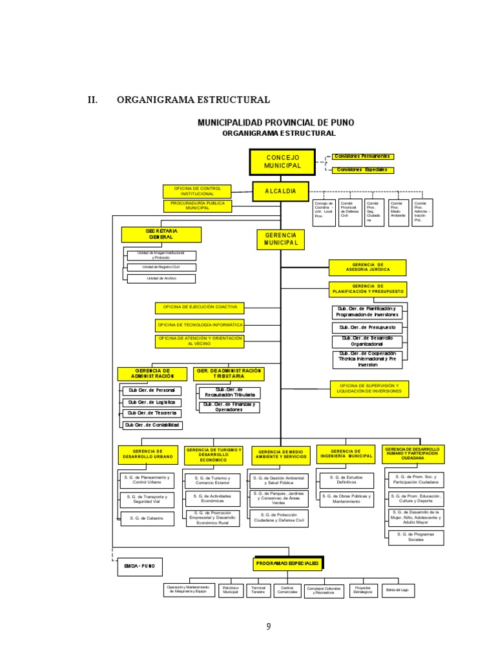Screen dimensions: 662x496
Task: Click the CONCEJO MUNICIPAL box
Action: [282, 162]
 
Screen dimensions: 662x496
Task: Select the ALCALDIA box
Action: [280, 191]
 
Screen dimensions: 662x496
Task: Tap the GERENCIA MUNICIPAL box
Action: [280, 239]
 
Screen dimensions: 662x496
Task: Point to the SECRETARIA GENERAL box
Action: [161, 234]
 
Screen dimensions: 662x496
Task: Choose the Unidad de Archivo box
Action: [161, 278]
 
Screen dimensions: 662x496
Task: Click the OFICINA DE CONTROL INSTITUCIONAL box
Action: [197, 191]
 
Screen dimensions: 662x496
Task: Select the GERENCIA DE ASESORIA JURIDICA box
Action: [367, 267]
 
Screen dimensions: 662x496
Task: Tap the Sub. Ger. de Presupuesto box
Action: [367, 328]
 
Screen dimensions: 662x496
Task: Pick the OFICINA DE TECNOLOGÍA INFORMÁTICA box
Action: [200, 325]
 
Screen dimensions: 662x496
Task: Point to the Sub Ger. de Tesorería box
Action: [152, 413]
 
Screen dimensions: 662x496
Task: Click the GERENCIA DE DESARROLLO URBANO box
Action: [148, 454]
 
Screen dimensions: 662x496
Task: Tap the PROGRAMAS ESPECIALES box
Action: [287, 564]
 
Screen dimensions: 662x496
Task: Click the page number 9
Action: [268, 626]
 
